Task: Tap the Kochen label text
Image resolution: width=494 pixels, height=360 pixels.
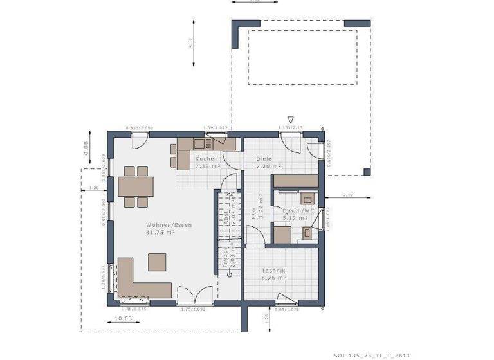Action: pyautogui.click(x=206, y=159)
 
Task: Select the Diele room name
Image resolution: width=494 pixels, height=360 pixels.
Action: pyautogui.click(x=264, y=159)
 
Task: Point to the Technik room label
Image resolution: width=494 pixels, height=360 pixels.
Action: pyautogui.click(x=273, y=271)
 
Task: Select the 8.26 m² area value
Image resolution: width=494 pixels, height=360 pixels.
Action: pyautogui.click(x=273, y=278)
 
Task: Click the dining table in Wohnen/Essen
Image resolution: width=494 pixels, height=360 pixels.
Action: pyautogui.click(x=136, y=186)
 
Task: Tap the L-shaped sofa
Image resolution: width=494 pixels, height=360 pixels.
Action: pyautogui.click(x=138, y=282)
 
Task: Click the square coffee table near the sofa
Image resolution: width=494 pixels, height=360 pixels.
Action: pyautogui.click(x=158, y=262)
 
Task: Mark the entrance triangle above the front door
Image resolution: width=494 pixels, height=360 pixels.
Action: pyautogui.click(x=291, y=120)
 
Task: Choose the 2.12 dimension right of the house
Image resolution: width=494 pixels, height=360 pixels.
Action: pyautogui.click(x=348, y=194)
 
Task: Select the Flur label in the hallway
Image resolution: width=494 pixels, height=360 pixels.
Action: pyautogui.click(x=255, y=213)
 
